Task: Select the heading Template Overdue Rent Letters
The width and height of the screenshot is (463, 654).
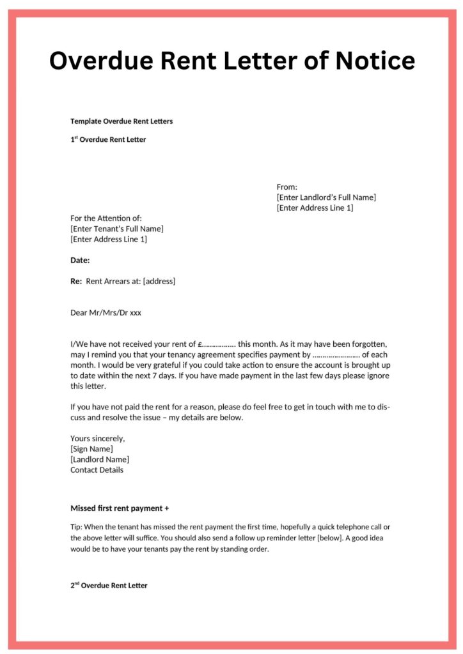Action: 122,121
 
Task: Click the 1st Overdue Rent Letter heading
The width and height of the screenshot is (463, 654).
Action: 108,139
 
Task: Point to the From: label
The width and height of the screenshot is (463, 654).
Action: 287,186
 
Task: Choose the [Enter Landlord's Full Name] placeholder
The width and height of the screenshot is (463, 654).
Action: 326,197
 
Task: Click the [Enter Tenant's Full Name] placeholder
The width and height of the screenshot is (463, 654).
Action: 117,229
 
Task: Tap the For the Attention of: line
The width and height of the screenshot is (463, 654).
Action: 106,218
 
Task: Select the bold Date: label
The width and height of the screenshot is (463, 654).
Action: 80,260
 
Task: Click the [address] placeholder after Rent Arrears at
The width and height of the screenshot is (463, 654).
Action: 159,281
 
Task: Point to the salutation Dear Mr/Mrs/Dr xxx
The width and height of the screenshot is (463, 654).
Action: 106,313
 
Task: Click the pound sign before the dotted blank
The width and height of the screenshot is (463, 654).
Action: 200,344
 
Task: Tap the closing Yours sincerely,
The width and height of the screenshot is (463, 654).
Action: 98,438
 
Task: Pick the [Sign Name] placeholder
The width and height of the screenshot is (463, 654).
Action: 91,448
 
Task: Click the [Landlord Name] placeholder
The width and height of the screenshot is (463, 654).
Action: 100,459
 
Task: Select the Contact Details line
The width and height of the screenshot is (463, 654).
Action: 97,470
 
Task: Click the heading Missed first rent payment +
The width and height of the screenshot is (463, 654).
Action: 120,508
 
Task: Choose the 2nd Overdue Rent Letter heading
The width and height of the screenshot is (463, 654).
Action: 109,585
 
